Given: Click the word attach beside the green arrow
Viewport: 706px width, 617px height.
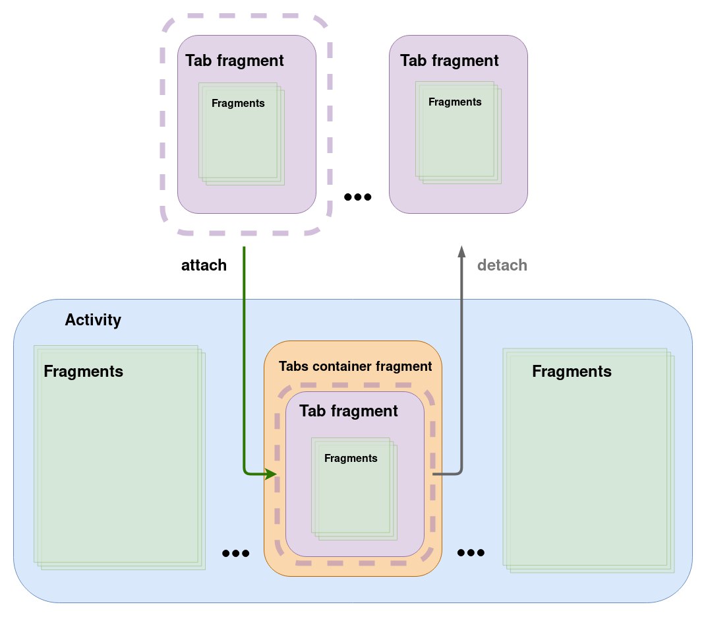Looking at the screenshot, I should click(x=204, y=265).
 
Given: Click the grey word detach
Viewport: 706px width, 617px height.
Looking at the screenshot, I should click(x=502, y=265).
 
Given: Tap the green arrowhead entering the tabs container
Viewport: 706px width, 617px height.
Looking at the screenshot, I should click(x=270, y=474).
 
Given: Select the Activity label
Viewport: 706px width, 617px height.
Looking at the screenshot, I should click(x=93, y=321).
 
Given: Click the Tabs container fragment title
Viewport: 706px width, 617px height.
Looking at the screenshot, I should click(x=355, y=366).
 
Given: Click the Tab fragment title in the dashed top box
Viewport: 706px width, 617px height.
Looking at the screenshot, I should click(x=235, y=61).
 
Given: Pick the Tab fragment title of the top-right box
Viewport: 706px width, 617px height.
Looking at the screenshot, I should click(x=449, y=61).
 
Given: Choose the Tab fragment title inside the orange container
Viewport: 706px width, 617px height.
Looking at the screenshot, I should click(x=349, y=411).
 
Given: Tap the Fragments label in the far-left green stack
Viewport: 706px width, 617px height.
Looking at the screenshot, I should click(x=83, y=371).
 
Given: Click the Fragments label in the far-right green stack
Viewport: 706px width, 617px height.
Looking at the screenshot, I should click(x=572, y=372).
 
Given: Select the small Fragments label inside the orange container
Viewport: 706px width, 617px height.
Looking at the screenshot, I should click(x=351, y=458).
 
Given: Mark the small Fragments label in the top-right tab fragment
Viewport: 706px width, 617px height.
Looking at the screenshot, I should click(x=455, y=102).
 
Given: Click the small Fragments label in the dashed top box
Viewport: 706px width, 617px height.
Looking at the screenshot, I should click(x=238, y=103).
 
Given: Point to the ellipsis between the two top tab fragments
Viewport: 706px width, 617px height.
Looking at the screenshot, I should click(x=358, y=197).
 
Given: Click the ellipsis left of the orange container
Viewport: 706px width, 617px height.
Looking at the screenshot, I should click(x=236, y=554).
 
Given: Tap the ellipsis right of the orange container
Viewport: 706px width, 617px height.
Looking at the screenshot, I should click(x=471, y=552).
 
